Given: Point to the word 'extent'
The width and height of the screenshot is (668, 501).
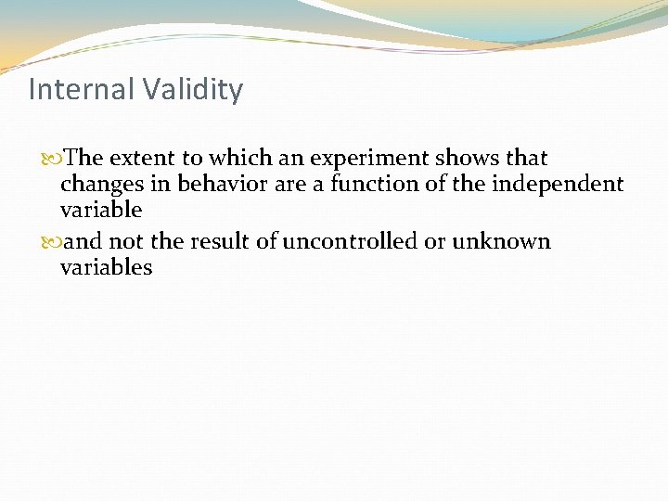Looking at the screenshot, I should click(140, 159).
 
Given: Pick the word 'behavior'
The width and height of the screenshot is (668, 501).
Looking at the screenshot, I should click(210, 185).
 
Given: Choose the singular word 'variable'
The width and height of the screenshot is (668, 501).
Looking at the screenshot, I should click(101, 211).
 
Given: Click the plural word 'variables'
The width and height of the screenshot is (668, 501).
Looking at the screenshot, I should click(106, 268).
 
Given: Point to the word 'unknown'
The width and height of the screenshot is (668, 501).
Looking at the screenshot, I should click(502, 242).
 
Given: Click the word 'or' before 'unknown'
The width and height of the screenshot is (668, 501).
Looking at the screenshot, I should click(437, 242).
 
